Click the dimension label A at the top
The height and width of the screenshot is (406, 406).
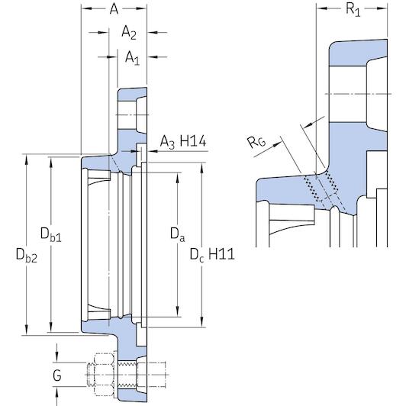114,8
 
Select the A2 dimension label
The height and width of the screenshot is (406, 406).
129,32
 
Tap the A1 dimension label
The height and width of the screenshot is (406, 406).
132,56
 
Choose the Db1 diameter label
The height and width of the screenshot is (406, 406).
50,234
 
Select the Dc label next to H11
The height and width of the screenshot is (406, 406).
197,253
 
